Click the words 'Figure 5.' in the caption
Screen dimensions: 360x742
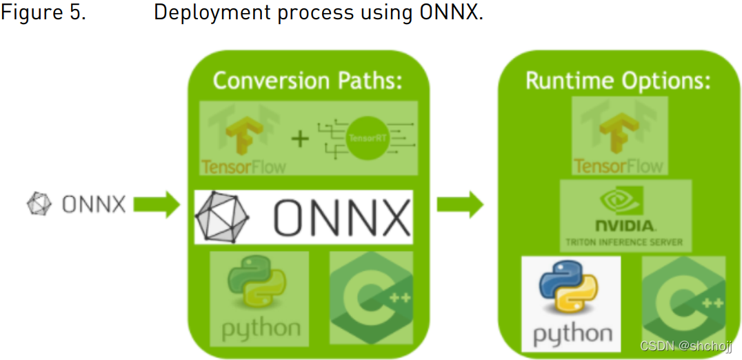pyautogui.click(x=43, y=13)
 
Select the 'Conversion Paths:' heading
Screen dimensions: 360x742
pyautogui.click(x=308, y=81)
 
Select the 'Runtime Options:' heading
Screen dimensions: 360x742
pyautogui.click(x=618, y=81)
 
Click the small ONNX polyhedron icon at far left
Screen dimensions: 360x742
pyautogui.click(x=39, y=204)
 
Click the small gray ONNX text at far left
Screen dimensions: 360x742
pyautogui.click(x=93, y=205)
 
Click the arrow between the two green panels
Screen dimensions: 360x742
pyautogui.click(x=461, y=205)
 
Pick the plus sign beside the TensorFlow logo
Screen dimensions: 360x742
pyautogui.click(x=299, y=139)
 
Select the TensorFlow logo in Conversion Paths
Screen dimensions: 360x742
pyautogui.click(x=243, y=137)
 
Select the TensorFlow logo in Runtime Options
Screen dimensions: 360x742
pyautogui.click(x=619, y=135)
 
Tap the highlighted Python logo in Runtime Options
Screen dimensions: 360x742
pyautogui.click(x=571, y=304)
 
